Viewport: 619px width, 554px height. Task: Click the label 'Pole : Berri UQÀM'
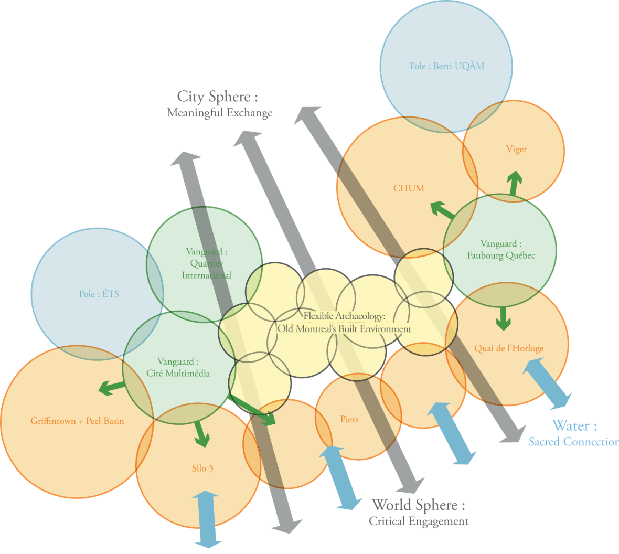(x=447, y=66)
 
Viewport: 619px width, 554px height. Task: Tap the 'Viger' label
(x=516, y=149)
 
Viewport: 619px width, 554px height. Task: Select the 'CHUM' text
(x=409, y=188)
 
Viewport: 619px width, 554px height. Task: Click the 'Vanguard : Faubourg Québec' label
(x=501, y=250)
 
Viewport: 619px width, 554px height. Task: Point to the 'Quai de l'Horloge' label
(x=509, y=348)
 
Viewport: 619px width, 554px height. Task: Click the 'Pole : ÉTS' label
(x=99, y=294)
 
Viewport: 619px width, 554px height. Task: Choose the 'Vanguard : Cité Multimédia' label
(x=178, y=367)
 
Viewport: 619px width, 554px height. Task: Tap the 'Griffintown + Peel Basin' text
(x=77, y=421)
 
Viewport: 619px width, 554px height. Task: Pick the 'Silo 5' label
(x=202, y=468)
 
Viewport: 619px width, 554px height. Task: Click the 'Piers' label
(x=349, y=419)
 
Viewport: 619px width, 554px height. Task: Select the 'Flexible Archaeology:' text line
(x=345, y=316)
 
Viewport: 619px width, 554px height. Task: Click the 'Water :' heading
(x=574, y=425)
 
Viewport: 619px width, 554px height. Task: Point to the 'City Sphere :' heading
(x=218, y=97)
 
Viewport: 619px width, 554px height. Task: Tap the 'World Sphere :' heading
(x=418, y=505)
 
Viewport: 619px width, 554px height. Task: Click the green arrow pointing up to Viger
(x=515, y=184)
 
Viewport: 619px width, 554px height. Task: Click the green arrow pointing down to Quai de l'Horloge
(x=504, y=318)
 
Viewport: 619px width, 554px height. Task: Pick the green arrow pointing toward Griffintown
(x=112, y=388)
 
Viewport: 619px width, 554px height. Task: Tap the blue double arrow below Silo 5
(x=208, y=519)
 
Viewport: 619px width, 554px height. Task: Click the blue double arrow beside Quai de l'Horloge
(x=547, y=385)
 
